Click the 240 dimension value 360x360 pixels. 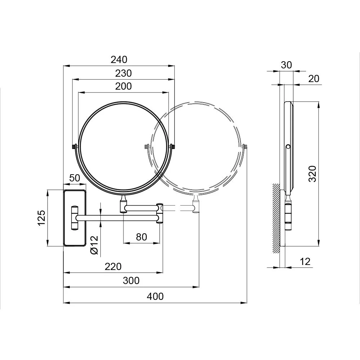point(119,60)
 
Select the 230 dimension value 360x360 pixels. point(123,73)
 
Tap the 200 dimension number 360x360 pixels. point(123,86)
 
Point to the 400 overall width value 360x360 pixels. point(155,296)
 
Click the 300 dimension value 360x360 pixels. point(131,280)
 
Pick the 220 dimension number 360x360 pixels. point(113,266)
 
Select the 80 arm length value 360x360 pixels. point(141,237)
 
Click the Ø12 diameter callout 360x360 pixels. point(94,245)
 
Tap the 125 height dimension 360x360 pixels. point(42,218)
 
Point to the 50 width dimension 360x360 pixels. point(75,178)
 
